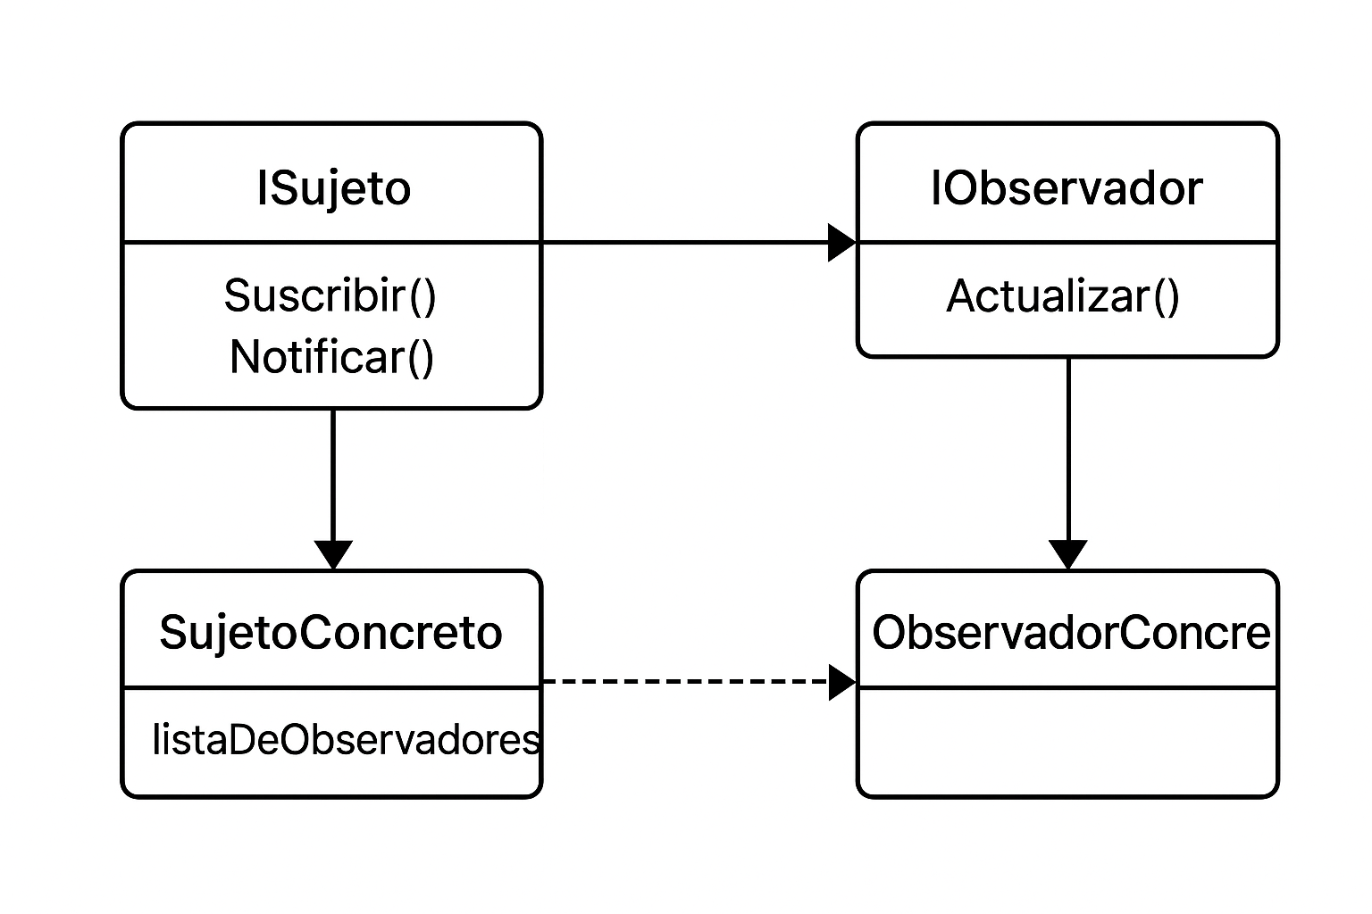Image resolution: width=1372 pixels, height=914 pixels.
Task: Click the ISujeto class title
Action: [333, 188]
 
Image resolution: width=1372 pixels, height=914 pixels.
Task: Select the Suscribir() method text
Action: [330, 295]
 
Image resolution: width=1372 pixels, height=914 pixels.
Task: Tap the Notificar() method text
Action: [331, 357]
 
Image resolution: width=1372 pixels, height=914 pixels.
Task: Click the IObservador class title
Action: [1067, 188]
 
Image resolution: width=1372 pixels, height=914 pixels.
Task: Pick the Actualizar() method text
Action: [1063, 296]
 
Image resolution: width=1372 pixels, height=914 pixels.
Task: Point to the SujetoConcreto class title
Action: [330, 633]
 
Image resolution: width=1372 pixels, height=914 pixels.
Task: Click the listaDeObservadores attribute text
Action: [347, 740]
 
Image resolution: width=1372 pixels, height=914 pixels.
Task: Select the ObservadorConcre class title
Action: [1070, 633]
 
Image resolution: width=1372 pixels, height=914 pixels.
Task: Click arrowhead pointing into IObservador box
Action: [841, 242]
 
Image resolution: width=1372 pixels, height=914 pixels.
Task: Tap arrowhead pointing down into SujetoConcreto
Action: [333, 554]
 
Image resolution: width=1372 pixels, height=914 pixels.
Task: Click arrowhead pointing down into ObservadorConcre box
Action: [1068, 554]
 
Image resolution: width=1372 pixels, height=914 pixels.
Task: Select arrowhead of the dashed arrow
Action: [841, 682]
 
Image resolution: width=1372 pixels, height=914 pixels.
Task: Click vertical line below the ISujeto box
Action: [333, 473]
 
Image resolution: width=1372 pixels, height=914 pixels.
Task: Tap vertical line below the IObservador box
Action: [1068, 446]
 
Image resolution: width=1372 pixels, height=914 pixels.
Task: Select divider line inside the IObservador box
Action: [1067, 242]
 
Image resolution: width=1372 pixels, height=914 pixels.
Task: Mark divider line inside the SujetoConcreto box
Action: [331, 688]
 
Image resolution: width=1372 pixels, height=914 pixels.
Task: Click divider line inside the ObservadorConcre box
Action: [1067, 688]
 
